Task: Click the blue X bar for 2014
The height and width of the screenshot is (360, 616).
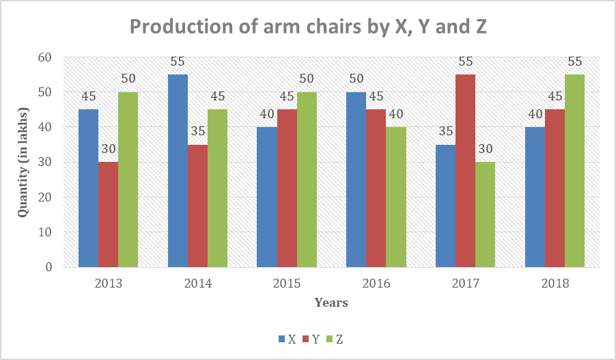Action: coord(178,171)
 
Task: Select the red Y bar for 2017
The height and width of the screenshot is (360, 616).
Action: coord(465,171)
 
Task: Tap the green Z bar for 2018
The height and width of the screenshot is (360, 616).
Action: coord(575,171)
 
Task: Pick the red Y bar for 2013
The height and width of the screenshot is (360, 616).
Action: coord(108,214)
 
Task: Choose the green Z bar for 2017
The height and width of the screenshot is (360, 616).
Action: coord(485,214)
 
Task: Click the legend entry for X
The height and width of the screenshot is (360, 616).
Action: coord(287,339)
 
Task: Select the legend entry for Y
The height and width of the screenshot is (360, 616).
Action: coord(311,339)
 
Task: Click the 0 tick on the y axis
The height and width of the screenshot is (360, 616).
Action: coord(48,267)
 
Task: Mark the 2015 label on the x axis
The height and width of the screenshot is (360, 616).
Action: coord(287,283)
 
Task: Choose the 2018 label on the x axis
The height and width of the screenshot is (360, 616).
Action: coord(555,283)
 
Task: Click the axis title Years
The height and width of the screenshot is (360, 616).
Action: coord(331,302)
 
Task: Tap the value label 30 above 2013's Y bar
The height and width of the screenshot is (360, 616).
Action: coord(108,149)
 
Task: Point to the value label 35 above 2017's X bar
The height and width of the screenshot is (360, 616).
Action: coord(445,131)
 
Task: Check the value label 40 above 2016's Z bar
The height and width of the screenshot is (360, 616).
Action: coord(395,113)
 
